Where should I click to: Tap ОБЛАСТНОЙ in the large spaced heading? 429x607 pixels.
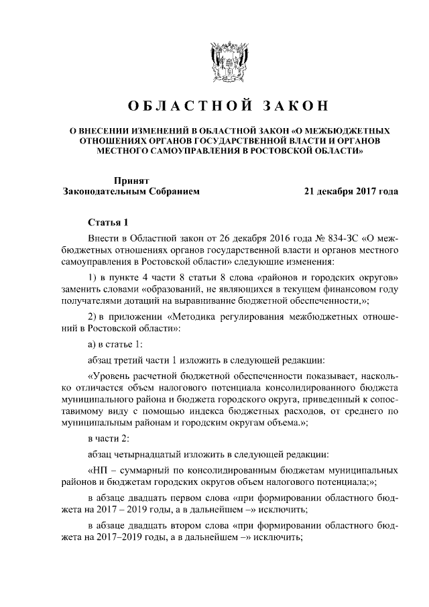coord(182,106)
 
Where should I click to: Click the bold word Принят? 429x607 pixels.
coord(131,179)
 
